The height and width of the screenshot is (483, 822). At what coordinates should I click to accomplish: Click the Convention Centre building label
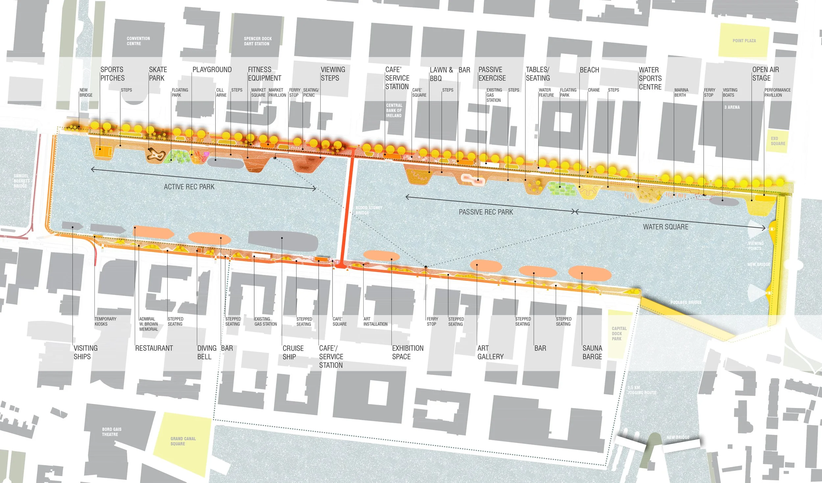[138, 41]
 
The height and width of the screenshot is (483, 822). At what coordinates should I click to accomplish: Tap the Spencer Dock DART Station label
[257, 41]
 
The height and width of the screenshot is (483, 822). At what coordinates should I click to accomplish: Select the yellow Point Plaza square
[744, 40]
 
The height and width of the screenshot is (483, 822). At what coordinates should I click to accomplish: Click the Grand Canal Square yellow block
[183, 441]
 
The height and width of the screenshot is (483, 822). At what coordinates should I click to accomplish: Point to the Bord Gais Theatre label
[111, 432]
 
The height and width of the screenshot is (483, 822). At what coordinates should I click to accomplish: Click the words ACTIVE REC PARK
[189, 187]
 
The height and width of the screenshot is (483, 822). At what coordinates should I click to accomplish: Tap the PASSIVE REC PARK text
[486, 212]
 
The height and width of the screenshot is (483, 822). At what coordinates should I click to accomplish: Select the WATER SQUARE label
[665, 227]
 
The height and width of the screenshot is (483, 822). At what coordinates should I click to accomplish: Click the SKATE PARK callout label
[158, 74]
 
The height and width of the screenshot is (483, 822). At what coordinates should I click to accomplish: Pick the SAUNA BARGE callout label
[592, 352]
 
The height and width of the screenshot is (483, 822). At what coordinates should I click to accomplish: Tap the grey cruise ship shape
[283, 241]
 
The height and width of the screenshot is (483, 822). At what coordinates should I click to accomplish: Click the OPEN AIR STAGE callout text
[765, 74]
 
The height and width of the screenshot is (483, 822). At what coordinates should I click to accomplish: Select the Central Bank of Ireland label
[394, 110]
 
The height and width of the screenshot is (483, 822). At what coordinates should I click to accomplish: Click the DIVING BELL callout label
[206, 352]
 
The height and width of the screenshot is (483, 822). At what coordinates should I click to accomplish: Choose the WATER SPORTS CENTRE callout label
[650, 78]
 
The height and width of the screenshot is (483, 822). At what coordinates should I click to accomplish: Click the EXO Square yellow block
[778, 141]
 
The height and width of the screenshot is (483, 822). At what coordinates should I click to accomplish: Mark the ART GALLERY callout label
[490, 352]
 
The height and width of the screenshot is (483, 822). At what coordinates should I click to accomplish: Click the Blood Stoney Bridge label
[369, 210]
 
